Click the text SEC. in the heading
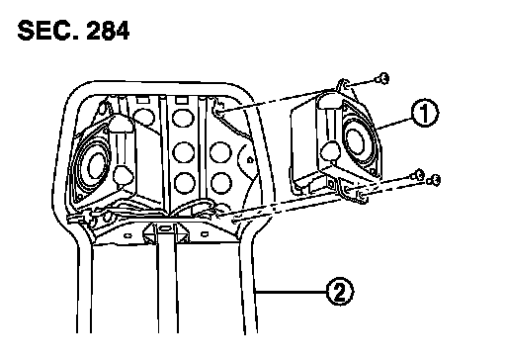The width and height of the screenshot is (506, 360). [48, 31]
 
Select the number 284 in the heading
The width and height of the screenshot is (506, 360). [108, 31]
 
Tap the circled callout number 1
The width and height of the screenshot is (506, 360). [425, 113]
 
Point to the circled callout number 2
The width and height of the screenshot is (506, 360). [340, 292]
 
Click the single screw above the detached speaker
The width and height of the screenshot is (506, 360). [382, 78]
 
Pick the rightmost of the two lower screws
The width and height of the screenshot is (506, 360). [434, 180]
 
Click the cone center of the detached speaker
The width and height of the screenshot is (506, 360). [355, 141]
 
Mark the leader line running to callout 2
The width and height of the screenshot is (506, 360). [291, 292]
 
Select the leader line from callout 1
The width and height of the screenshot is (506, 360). [394, 123]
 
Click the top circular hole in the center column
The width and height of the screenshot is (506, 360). [183, 118]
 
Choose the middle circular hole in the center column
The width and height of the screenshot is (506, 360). [184, 152]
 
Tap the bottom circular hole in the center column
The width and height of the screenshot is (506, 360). [184, 183]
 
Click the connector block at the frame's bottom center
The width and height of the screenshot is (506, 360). [166, 232]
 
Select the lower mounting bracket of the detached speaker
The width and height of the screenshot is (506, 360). [354, 190]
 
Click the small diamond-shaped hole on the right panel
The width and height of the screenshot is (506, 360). [250, 160]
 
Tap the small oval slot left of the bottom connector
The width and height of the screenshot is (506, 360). [127, 235]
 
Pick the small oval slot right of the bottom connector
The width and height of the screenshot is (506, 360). [205, 234]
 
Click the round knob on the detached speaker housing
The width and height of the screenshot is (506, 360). [330, 150]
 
